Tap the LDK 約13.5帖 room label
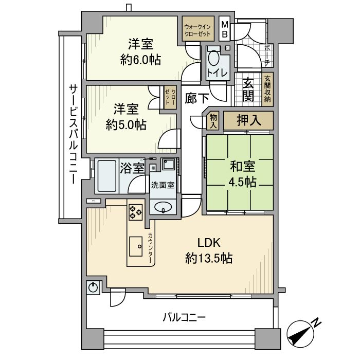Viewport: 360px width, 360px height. (208, 250)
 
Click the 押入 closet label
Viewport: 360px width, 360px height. (248, 121)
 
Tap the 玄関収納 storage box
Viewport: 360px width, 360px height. (267, 91)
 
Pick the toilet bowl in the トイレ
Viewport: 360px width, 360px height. (213, 58)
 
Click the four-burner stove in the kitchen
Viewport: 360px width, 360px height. (136, 211)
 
